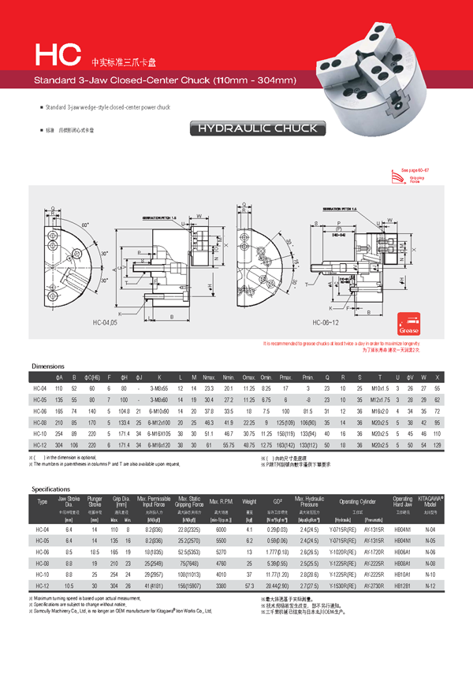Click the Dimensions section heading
48,367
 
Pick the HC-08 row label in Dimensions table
39,423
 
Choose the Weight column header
249,501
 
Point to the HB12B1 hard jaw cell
403,586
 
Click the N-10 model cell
432,575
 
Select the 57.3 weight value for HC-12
249,586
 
